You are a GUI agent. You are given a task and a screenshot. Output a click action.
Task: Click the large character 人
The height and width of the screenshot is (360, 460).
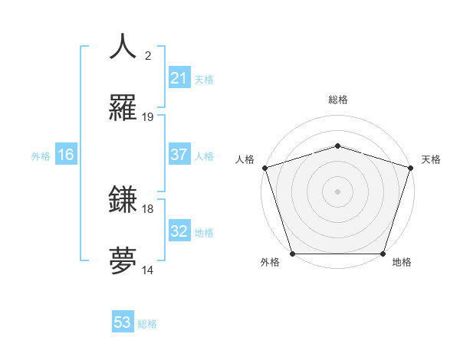[123, 47]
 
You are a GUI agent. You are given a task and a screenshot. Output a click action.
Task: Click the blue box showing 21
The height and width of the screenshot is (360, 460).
[179, 78]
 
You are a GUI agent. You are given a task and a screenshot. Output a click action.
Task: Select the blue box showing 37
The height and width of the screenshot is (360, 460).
[179, 155]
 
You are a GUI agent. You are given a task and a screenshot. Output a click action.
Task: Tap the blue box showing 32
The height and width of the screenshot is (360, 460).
[179, 231]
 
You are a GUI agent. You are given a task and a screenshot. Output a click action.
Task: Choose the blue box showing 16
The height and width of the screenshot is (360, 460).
[66, 155]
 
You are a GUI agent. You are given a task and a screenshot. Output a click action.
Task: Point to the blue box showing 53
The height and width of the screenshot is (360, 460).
[123, 322]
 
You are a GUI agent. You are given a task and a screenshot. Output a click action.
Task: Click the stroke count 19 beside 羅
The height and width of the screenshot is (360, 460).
[148, 117]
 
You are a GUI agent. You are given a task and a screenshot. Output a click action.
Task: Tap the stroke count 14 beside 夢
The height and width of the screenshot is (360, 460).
[148, 270]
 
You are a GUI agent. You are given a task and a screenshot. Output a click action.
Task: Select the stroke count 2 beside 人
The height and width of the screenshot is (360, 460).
[148, 55]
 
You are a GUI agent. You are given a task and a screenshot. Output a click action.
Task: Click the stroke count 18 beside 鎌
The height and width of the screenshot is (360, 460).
[148, 208]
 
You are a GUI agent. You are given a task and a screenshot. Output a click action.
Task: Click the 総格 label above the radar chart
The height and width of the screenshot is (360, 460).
[337, 100]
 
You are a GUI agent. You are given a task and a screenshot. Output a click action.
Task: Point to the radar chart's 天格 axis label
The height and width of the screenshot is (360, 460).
[431, 159]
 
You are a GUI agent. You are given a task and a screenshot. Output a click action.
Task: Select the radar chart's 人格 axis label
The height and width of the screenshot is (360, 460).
[245, 159]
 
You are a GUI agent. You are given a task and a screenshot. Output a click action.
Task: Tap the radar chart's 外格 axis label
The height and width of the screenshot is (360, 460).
[270, 262]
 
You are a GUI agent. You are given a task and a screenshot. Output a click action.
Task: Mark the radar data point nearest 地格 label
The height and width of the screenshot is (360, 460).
[383, 254]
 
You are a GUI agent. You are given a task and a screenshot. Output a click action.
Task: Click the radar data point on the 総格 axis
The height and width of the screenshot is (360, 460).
[337, 146]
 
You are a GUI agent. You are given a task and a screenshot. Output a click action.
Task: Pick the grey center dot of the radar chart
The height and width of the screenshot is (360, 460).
[337, 191]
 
